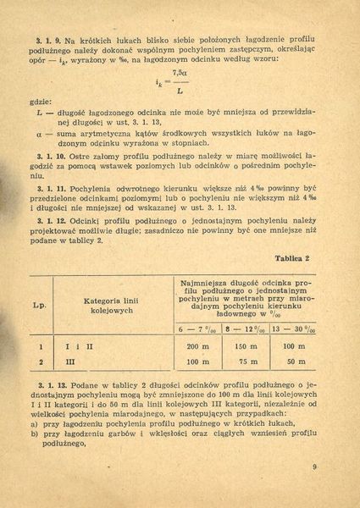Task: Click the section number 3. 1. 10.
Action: coord(52,157)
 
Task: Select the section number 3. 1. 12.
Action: coord(52,219)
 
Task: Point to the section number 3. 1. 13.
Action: coord(52,385)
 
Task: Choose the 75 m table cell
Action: coord(246,362)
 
